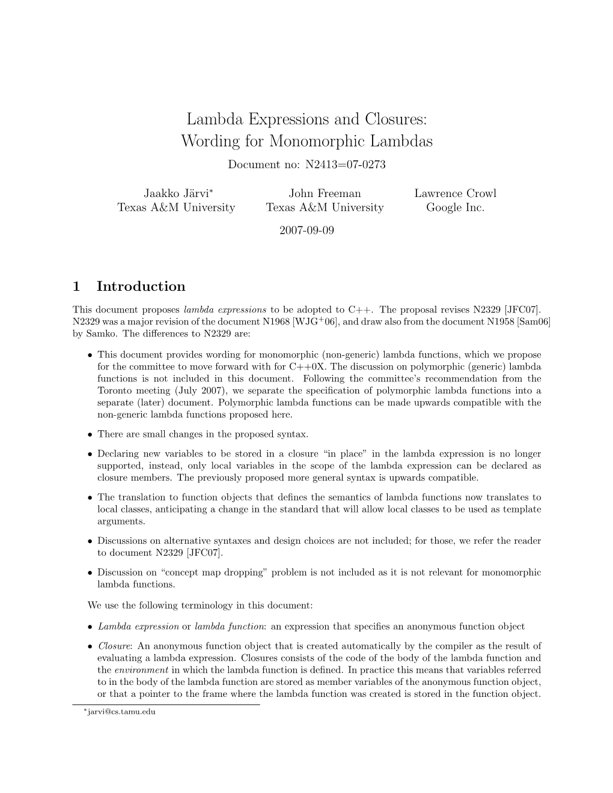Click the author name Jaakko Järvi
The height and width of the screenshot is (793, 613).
coord(175,193)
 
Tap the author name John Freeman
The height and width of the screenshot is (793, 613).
coord(325,193)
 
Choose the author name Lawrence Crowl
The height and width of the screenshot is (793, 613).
coord(455,193)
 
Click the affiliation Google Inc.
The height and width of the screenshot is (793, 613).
coord(455,208)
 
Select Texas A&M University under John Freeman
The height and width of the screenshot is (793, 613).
coord(325,208)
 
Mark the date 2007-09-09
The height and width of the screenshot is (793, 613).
coord(306,231)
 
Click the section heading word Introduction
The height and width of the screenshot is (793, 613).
coord(141,287)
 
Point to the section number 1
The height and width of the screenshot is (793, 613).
coord(76,287)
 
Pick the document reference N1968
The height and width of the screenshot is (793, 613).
coord(273,321)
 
